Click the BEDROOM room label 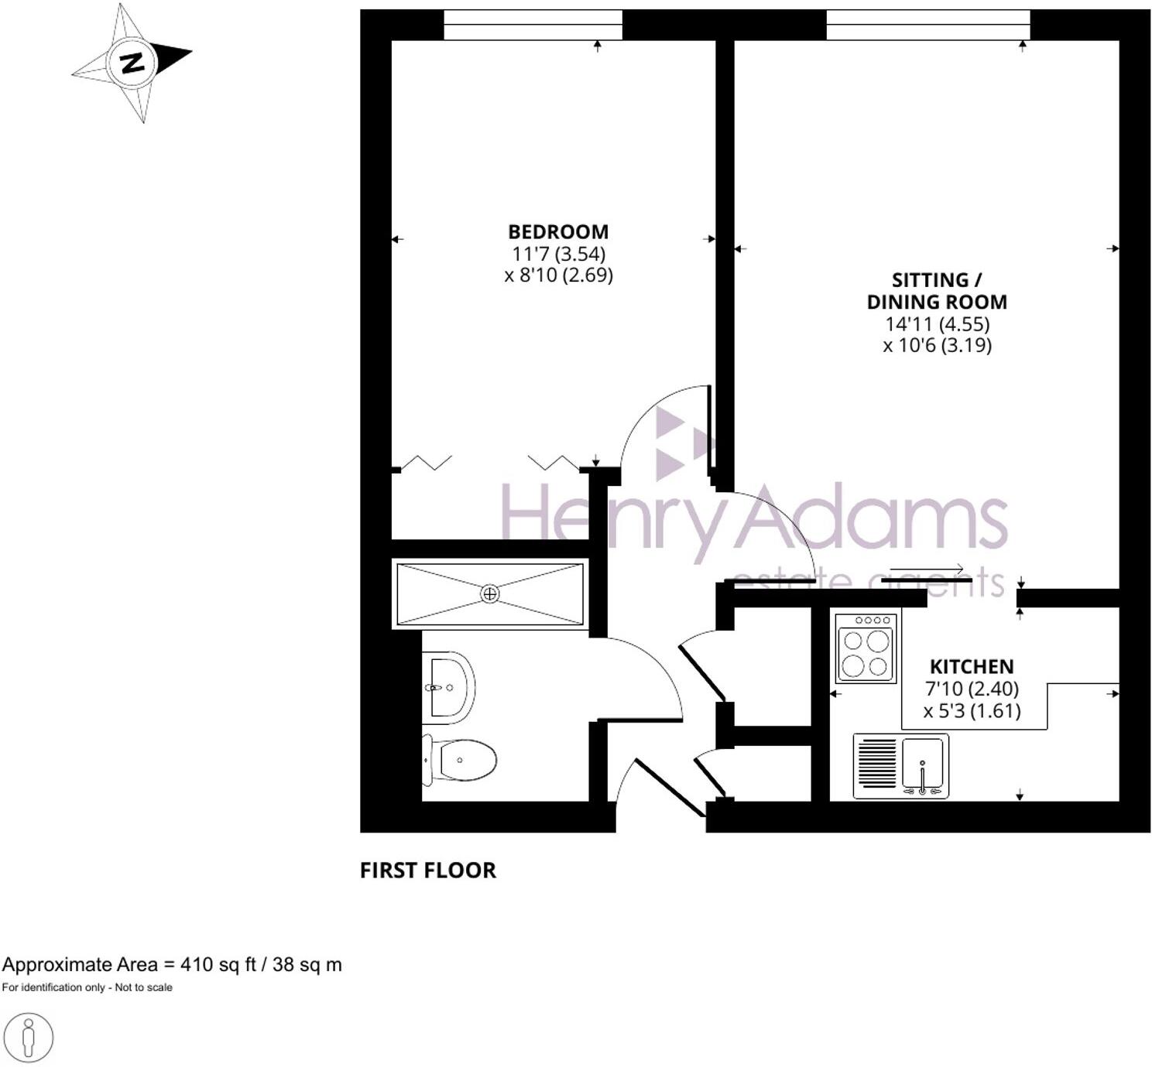pos(557,231)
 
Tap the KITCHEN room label pos(971,666)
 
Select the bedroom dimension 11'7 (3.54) pos(558,253)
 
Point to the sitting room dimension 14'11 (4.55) pos(938,323)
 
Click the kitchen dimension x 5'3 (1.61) pos(972,710)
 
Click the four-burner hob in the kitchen pos(866,648)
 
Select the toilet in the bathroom pos(460,760)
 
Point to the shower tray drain pos(489,593)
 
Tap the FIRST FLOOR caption pos(427,870)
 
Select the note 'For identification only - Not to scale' pos(87,987)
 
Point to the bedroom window pos(533,25)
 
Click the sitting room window pos(927,25)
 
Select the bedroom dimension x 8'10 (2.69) pos(558,275)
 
